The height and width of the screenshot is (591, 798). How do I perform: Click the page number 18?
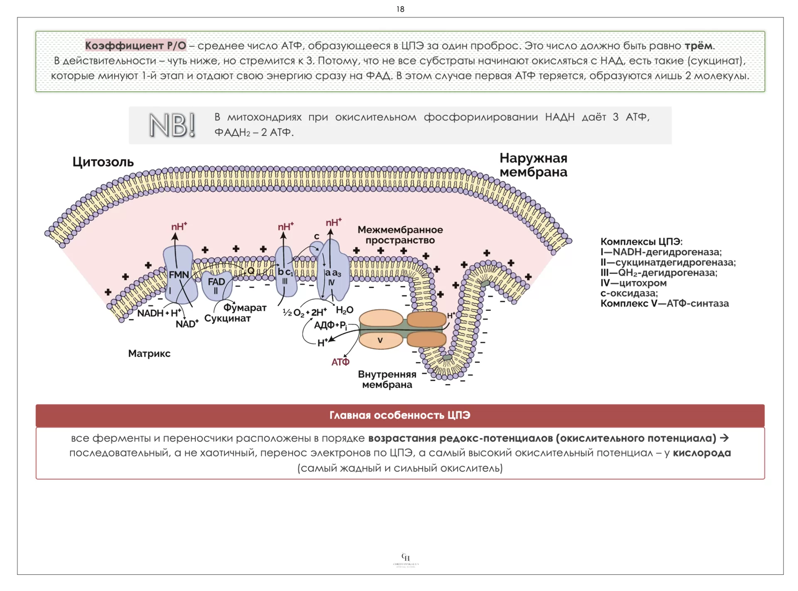pyautogui.click(x=400, y=9)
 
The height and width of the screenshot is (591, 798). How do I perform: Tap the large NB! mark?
pyautogui.click(x=172, y=125)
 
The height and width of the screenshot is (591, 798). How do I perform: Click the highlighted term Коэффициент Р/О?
pyautogui.click(x=135, y=45)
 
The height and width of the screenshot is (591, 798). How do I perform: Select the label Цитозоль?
pyautogui.click(x=103, y=162)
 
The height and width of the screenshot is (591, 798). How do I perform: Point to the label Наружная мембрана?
pyautogui.click(x=533, y=165)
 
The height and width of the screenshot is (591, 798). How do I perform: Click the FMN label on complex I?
pyautogui.click(x=179, y=275)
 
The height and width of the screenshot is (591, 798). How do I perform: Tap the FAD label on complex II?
pyautogui.click(x=216, y=282)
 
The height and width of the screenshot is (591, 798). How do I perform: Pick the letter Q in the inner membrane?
pyautogui.click(x=251, y=271)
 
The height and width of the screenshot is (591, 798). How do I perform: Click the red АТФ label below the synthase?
pyautogui.click(x=340, y=362)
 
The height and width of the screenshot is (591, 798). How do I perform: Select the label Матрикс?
pyautogui.click(x=149, y=354)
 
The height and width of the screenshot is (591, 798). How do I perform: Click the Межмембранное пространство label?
pyautogui.click(x=400, y=235)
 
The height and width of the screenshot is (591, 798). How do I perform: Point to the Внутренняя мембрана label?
pyautogui.click(x=387, y=379)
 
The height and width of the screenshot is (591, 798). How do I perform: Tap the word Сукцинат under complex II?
pyautogui.click(x=227, y=319)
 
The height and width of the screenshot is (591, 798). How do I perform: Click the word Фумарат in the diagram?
pyautogui.click(x=245, y=308)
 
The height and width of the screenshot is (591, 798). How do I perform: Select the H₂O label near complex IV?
pyautogui.click(x=345, y=310)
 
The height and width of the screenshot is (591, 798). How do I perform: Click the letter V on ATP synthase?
pyautogui.click(x=380, y=340)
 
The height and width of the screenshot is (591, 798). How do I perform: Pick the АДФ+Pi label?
pyautogui.click(x=330, y=325)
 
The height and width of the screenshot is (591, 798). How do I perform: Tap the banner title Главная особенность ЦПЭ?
pyautogui.click(x=400, y=415)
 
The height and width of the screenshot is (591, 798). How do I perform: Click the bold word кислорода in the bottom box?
pyautogui.click(x=702, y=453)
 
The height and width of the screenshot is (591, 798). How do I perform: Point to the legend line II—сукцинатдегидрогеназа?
pyautogui.click(x=668, y=262)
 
